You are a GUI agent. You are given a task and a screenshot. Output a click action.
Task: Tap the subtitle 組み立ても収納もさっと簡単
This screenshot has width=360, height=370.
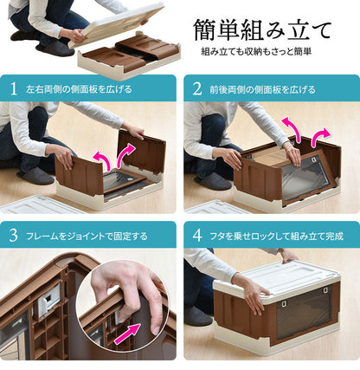click(x=256, y=53)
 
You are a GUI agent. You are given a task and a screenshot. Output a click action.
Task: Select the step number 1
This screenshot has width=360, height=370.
click(x=13, y=88)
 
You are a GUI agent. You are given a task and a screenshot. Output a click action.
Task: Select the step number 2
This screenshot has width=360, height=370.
click(x=195, y=88)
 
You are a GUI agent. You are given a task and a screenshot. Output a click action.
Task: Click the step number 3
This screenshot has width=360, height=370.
click(x=13, y=235)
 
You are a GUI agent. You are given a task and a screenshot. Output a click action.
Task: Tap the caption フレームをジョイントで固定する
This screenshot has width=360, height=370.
click(x=85, y=235)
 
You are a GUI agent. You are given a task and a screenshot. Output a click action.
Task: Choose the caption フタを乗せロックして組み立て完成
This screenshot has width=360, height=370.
click(x=272, y=235)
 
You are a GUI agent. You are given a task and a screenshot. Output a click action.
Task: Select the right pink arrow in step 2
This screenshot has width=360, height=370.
click(x=321, y=137)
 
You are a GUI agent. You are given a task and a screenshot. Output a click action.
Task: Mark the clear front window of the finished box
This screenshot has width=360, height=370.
click(x=304, y=312)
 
